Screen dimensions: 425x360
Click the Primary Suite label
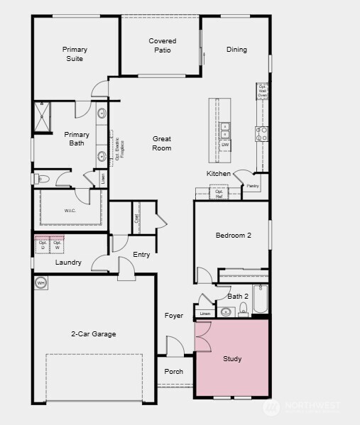coord(75,54)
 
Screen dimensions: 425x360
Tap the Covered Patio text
coord(162,45)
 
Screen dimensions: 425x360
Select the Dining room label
coord(236,50)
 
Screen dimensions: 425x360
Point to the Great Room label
coord(162,143)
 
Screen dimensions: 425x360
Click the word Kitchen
coord(218,174)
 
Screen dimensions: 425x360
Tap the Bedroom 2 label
coord(234,236)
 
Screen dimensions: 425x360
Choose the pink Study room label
coord(232,359)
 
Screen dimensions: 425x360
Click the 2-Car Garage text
coord(93,334)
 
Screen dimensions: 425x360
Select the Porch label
coord(173,372)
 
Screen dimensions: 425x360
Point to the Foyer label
coord(174,316)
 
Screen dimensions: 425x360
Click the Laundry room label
coord(68,263)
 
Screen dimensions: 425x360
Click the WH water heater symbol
coord(40,283)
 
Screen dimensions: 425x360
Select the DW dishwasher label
coord(225,145)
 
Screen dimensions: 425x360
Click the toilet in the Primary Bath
coord(40,179)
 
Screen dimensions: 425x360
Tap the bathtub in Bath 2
coord(261,299)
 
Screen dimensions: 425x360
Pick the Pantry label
coord(253,186)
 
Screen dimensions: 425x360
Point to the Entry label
coord(141,255)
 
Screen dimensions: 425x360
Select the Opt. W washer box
coord(57,245)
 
